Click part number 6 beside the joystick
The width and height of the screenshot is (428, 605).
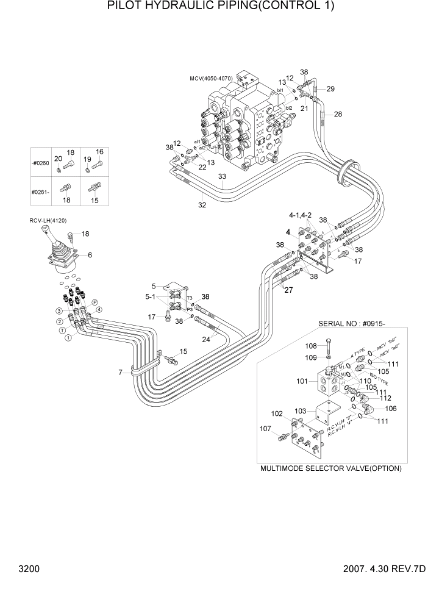click(x=90, y=255)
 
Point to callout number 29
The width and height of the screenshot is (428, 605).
click(x=330, y=89)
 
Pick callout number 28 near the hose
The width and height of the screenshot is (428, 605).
click(x=338, y=114)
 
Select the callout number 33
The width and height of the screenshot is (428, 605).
click(x=223, y=177)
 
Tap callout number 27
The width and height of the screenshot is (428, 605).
click(x=288, y=290)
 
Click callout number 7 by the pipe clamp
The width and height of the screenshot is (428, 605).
click(x=121, y=372)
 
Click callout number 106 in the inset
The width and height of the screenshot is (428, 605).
click(x=391, y=409)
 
